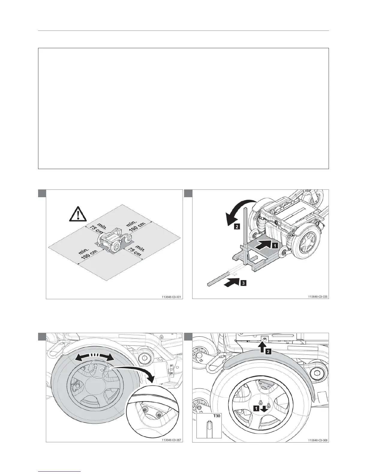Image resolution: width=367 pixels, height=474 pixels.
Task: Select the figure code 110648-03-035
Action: (x=318, y=297)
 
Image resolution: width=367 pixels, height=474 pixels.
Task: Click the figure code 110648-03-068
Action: (x=318, y=440)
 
